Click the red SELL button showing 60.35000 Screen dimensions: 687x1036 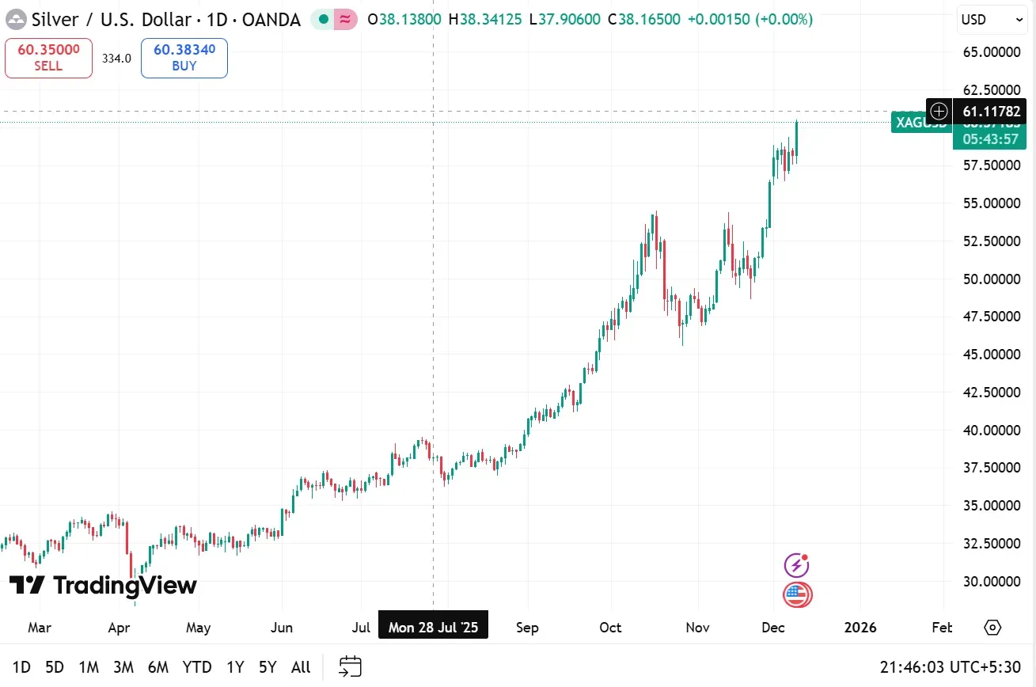pos(48,58)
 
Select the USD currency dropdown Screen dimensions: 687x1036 pos(992,20)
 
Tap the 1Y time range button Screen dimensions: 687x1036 pos(235,667)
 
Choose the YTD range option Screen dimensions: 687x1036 pos(197,667)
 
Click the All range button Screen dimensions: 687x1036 pos(301,667)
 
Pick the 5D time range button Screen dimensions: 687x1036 pos(55,667)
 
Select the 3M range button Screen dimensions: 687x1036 pos(123,667)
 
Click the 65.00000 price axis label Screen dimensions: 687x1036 pos(991,52)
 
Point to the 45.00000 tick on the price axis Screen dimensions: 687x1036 pos(991,355)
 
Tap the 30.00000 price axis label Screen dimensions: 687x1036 pos(991,582)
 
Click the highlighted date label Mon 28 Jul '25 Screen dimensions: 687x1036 pos(434,628)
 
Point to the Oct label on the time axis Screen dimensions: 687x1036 pos(610,628)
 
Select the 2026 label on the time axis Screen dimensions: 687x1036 pos(860,628)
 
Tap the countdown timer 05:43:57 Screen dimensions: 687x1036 pos(990,139)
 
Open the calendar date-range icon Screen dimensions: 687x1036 pos(350,667)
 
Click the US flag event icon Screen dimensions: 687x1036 pos(797,594)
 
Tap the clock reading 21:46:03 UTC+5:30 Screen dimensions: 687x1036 pos(950,667)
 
